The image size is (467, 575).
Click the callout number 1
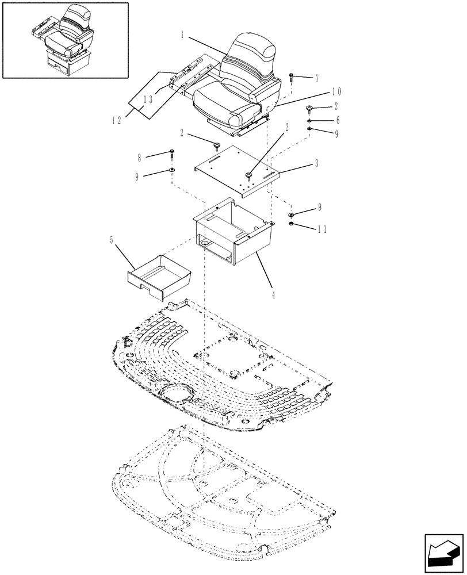(182, 34)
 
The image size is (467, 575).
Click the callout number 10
(337, 91)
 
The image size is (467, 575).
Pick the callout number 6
(338, 120)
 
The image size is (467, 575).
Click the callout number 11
(321, 228)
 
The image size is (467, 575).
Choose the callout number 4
(273, 295)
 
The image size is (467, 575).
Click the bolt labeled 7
(292, 76)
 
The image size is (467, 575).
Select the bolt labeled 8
(172, 154)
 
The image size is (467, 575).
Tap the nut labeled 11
(292, 223)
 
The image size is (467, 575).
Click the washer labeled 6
(309, 121)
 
